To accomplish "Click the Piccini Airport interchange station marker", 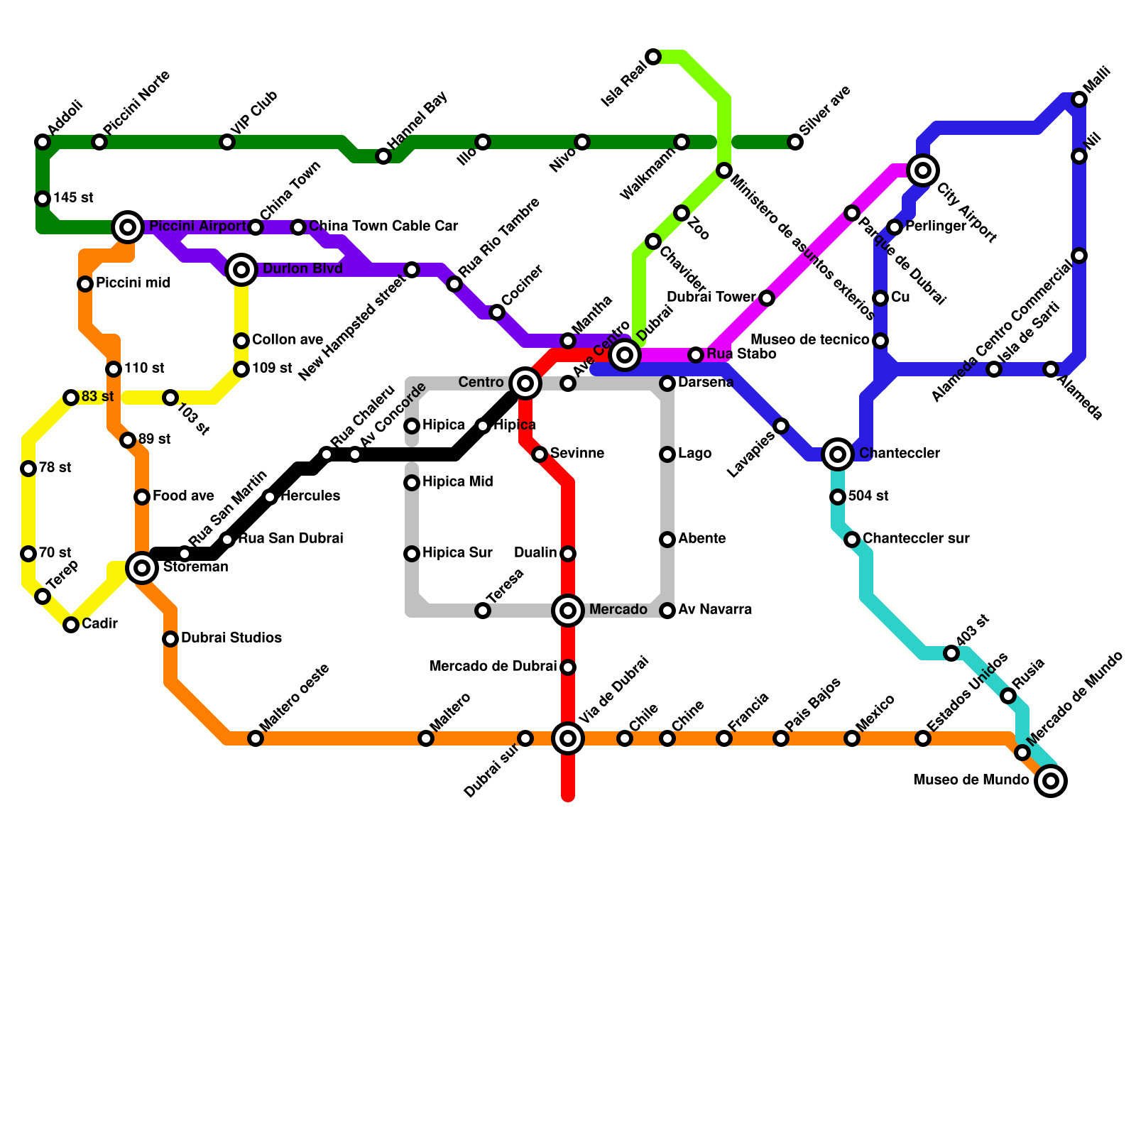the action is pos(128,227).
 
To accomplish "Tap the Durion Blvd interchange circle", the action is pos(241,270).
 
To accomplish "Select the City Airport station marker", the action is pos(923,170).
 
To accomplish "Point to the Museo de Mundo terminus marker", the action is pos(1051,781).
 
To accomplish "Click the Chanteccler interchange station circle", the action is pos(838,454).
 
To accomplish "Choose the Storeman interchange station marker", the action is pos(142,568).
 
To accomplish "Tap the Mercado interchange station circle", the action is pos(568,611).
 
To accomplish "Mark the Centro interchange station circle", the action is pos(525,383).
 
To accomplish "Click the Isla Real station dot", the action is pos(653,57).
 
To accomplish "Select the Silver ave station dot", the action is pos(795,142).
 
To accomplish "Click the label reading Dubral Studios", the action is pos(231,638).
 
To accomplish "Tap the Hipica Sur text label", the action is pos(457,553).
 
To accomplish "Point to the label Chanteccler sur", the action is pos(916,539).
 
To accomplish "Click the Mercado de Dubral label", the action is pos(493,667).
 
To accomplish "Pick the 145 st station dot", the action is pos(43,199).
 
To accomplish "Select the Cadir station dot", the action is pos(71,625).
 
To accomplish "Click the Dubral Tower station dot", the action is pos(767,298).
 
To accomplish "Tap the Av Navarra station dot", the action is pos(667,611).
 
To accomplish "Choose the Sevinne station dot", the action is pos(540,454).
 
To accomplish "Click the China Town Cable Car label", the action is pos(383,226).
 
